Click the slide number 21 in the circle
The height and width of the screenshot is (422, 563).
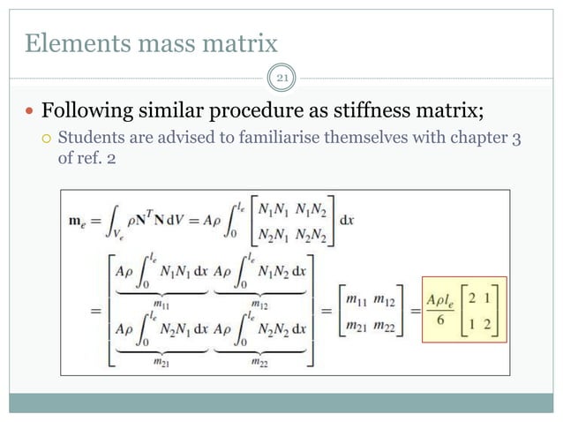click(x=281, y=79)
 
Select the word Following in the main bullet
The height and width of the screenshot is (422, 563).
click(x=85, y=113)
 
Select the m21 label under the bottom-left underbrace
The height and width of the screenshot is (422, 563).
click(x=147, y=360)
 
